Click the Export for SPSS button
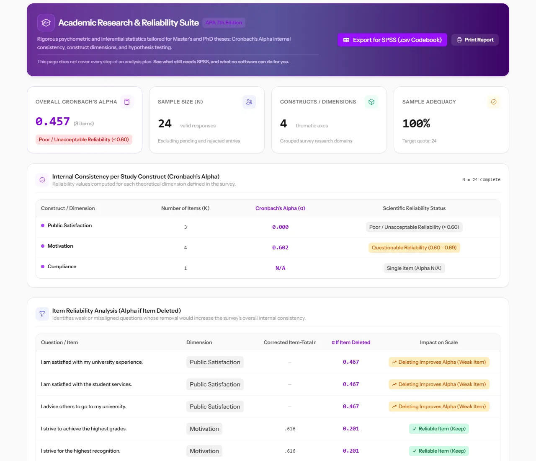point(392,40)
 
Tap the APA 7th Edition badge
point(224,23)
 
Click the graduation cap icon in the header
point(46,23)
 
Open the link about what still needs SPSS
point(221,62)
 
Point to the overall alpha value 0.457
point(53,122)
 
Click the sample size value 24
point(165,124)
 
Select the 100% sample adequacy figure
point(416,123)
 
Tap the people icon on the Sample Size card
point(249,102)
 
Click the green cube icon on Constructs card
point(371,102)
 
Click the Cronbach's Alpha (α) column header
point(280,208)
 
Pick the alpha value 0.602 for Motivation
point(280,248)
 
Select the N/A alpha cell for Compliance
point(280,268)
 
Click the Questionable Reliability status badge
point(414,248)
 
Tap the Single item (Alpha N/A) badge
point(414,268)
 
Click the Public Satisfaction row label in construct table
point(70,225)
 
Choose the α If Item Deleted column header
point(351,342)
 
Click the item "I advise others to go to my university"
point(83,407)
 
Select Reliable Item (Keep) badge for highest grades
point(439,429)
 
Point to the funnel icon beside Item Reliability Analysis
point(42,314)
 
